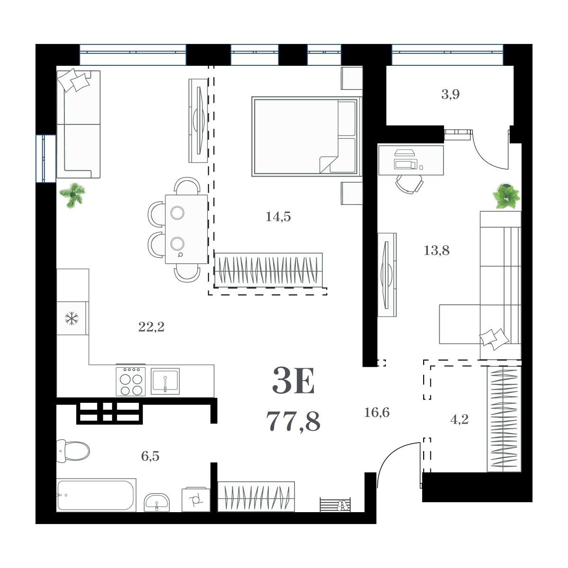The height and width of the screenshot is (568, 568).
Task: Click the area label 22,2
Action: point(151,327)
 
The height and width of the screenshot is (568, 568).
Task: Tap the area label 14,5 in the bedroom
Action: point(278,217)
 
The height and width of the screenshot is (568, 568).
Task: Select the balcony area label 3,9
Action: point(450,94)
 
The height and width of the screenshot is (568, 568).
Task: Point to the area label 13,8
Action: point(436,250)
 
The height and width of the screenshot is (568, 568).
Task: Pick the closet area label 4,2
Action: point(459,419)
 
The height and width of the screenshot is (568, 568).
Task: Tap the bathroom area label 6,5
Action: point(150,456)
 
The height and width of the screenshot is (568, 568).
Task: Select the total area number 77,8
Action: point(293,421)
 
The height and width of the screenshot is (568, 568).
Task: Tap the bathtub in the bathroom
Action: point(96,495)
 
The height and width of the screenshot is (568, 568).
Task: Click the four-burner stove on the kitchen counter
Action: point(131,382)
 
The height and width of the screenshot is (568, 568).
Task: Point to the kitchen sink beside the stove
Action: point(165,381)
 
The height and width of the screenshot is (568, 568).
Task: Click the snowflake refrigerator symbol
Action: point(72,319)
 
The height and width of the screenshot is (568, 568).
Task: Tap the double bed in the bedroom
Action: point(305,136)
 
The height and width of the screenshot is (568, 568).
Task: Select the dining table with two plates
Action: point(186,229)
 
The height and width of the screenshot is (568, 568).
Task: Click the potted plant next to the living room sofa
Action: point(73,194)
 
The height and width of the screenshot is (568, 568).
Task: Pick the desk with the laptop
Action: point(410,160)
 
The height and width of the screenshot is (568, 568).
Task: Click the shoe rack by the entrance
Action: point(336,505)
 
